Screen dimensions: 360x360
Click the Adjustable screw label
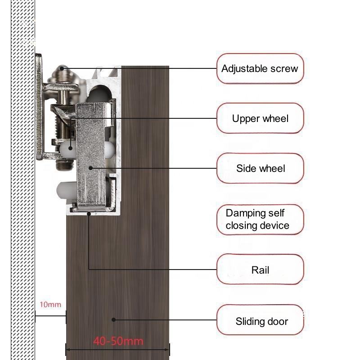260,69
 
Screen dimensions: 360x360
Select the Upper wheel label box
260,118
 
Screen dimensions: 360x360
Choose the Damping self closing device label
258,219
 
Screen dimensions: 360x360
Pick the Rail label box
260,270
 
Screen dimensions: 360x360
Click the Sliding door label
261,321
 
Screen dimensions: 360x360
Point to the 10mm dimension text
50,305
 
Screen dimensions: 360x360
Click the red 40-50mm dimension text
118,341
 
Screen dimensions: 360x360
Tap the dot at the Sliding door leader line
113,320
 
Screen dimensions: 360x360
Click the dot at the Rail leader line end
89,214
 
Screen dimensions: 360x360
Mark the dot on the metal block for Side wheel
90,168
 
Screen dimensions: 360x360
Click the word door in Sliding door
277,321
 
